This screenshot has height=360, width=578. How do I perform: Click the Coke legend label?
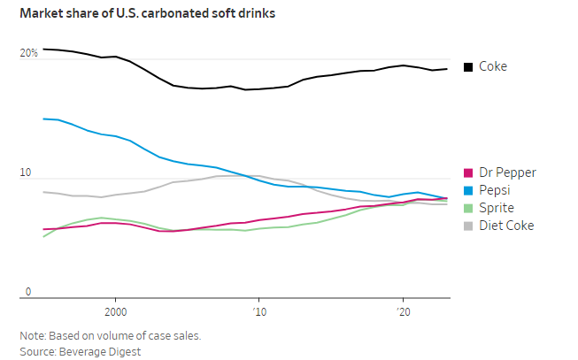[x=493, y=66]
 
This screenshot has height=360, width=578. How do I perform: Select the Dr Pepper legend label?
[x=507, y=172]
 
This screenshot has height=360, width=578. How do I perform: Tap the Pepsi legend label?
[x=495, y=190]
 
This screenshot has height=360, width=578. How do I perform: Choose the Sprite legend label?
[x=496, y=208]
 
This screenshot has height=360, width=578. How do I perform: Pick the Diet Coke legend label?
[x=506, y=226]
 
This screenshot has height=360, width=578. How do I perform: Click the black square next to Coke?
[x=468, y=66]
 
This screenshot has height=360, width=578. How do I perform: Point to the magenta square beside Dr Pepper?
[x=468, y=172]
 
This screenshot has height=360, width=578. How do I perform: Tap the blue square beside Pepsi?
[x=468, y=190]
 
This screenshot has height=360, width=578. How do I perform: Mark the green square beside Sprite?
[x=468, y=208]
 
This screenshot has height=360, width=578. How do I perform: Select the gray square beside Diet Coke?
[x=468, y=226]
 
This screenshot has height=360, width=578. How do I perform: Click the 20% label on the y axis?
[x=29, y=54]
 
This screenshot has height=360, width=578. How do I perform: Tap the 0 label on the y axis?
[x=27, y=292]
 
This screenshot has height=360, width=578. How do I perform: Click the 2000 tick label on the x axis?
[x=115, y=312]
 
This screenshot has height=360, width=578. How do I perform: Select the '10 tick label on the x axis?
[x=258, y=312]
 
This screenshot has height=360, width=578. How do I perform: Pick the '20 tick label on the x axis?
[x=403, y=312]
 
